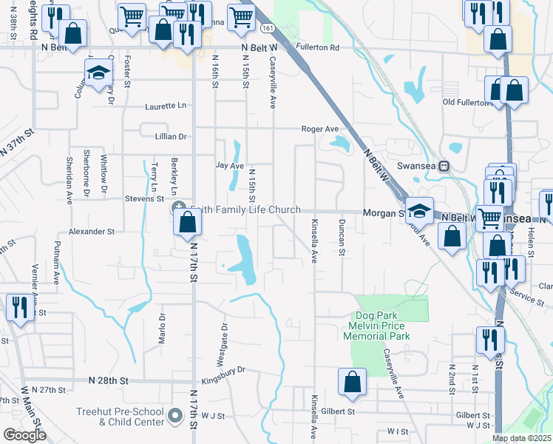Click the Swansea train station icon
(444, 166)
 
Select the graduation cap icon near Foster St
(98, 73)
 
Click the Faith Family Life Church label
(245, 210)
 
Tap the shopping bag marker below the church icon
(189, 221)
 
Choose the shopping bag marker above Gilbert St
(353, 382)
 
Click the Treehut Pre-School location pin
(175, 417)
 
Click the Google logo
(24, 435)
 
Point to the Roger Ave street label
(319, 129)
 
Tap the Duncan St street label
(342, 238)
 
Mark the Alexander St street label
(91, 232)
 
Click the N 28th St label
(109, 380)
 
